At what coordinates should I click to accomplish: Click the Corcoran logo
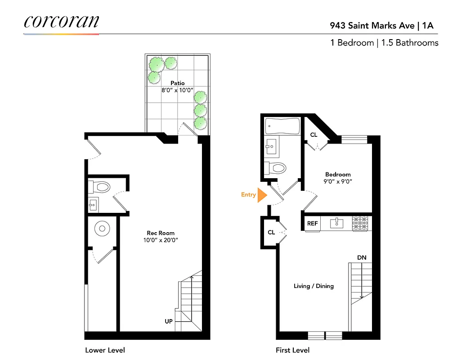pyautogui.click(x=61, y=22)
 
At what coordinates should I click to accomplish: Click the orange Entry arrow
pyautogui.click(x=262, y=195)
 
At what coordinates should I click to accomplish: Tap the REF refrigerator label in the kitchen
pyautogui.click(x=312, y=223)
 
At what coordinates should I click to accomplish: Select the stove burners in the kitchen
pyautogui.click(x=360, y=223)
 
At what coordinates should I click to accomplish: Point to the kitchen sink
pyautogui.click(x=336, y=223)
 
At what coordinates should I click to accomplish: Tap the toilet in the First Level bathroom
pyautogui.click(x=276, y=168)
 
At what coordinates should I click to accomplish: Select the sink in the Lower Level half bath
pyautogui.click(x=93, y=205)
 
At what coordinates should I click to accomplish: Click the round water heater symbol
pyautogui.click(x=102, y=229)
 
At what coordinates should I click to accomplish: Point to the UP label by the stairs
pyautogui.click(x=169, y=321)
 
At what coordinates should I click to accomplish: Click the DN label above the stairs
pyautogui.click(x=362, y=257)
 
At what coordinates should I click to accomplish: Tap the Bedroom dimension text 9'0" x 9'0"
pyautogui.click(x=338, y=181)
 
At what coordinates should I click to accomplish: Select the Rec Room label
pyautogui.click(x=161, y=233)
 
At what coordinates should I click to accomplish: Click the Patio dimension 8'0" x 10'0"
pyautogui.click(x=177, y=90)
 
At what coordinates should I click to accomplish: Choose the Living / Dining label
pyautogui.click(x=314, y=286)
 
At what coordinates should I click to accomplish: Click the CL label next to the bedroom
pyautogui.click(x=314, y=135)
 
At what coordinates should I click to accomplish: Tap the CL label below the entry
pyautogui.click(x=271, y=232)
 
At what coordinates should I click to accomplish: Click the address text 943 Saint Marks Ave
pyautogui.click(x=372, y=25)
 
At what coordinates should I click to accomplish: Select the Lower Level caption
pyautogui.click(x=105, y=350)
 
